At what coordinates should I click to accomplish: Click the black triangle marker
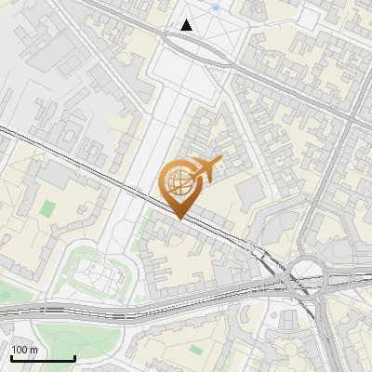pos(187,25)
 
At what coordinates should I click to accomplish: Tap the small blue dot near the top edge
pos(216,7)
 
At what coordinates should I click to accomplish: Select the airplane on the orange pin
pos(206,168)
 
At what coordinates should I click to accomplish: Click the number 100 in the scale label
pos(20,350)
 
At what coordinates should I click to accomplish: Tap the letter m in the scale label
pos(34,350)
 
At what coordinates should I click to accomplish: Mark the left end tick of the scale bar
pos(11,358)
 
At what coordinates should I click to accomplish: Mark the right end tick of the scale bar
pos(74,358)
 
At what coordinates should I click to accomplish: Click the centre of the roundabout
pos(303,276)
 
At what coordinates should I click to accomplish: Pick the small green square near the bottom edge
pos(195,351)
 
